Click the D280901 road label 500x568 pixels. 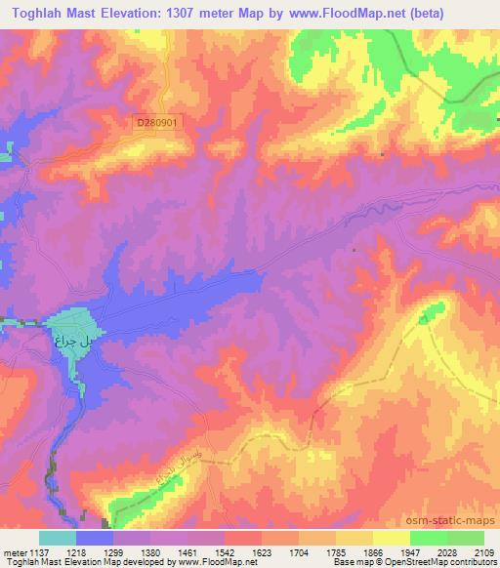coord(160,122)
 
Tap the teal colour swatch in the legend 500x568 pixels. coord(57,538)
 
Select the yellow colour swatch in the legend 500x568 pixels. coord(391,538)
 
